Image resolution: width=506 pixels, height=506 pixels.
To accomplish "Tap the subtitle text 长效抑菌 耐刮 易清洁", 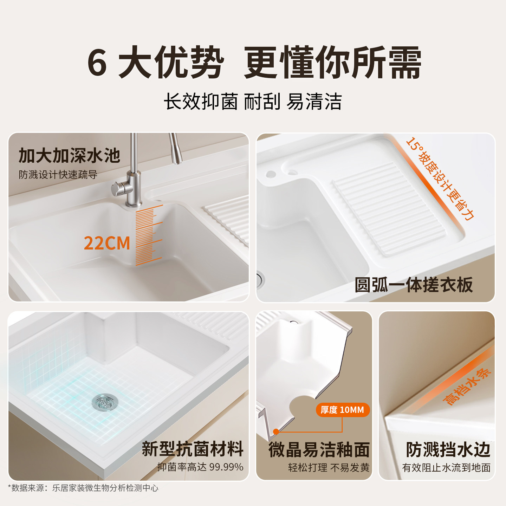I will click(253, 102).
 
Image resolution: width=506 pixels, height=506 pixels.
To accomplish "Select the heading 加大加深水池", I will click(69, 156).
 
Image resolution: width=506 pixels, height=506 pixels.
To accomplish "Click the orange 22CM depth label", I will click(107, 243).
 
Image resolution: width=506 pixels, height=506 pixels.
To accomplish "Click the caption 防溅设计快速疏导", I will click(58, 175).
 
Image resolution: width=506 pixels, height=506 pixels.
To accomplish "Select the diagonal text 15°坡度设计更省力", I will click(440, 179).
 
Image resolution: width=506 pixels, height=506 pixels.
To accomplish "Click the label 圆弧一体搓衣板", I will click(414, 285).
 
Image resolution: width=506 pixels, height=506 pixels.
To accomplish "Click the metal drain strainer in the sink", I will click(105, 402).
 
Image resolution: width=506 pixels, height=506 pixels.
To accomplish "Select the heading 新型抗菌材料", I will click(193, 449).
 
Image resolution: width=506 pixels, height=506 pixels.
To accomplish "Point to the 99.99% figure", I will click(226, 467).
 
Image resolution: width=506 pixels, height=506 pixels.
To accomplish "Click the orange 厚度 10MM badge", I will click(343, 410).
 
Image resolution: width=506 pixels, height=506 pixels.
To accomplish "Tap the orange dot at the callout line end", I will click(276, 432).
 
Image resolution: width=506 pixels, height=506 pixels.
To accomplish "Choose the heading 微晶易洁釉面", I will click(319, 450).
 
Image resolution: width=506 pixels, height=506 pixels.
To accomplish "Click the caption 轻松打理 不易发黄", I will click(329, 468).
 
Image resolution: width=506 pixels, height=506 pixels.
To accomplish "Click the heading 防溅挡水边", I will click(448, 450).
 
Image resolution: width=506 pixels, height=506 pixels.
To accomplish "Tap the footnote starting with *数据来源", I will click(83, 488).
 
